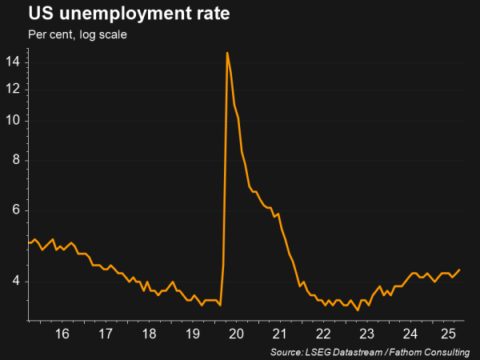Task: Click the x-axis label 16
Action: [62, 334]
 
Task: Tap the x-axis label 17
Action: [105, 334]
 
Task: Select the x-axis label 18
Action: [149, 334]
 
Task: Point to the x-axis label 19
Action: [192, 334]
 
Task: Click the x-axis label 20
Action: [236, 334]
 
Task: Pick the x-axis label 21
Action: [279, 334]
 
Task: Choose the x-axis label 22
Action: [323, 334]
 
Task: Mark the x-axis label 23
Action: [366, 334]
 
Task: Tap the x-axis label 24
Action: [410, 334]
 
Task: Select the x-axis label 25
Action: [449, 334]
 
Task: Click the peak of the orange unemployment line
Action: [227, 53]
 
